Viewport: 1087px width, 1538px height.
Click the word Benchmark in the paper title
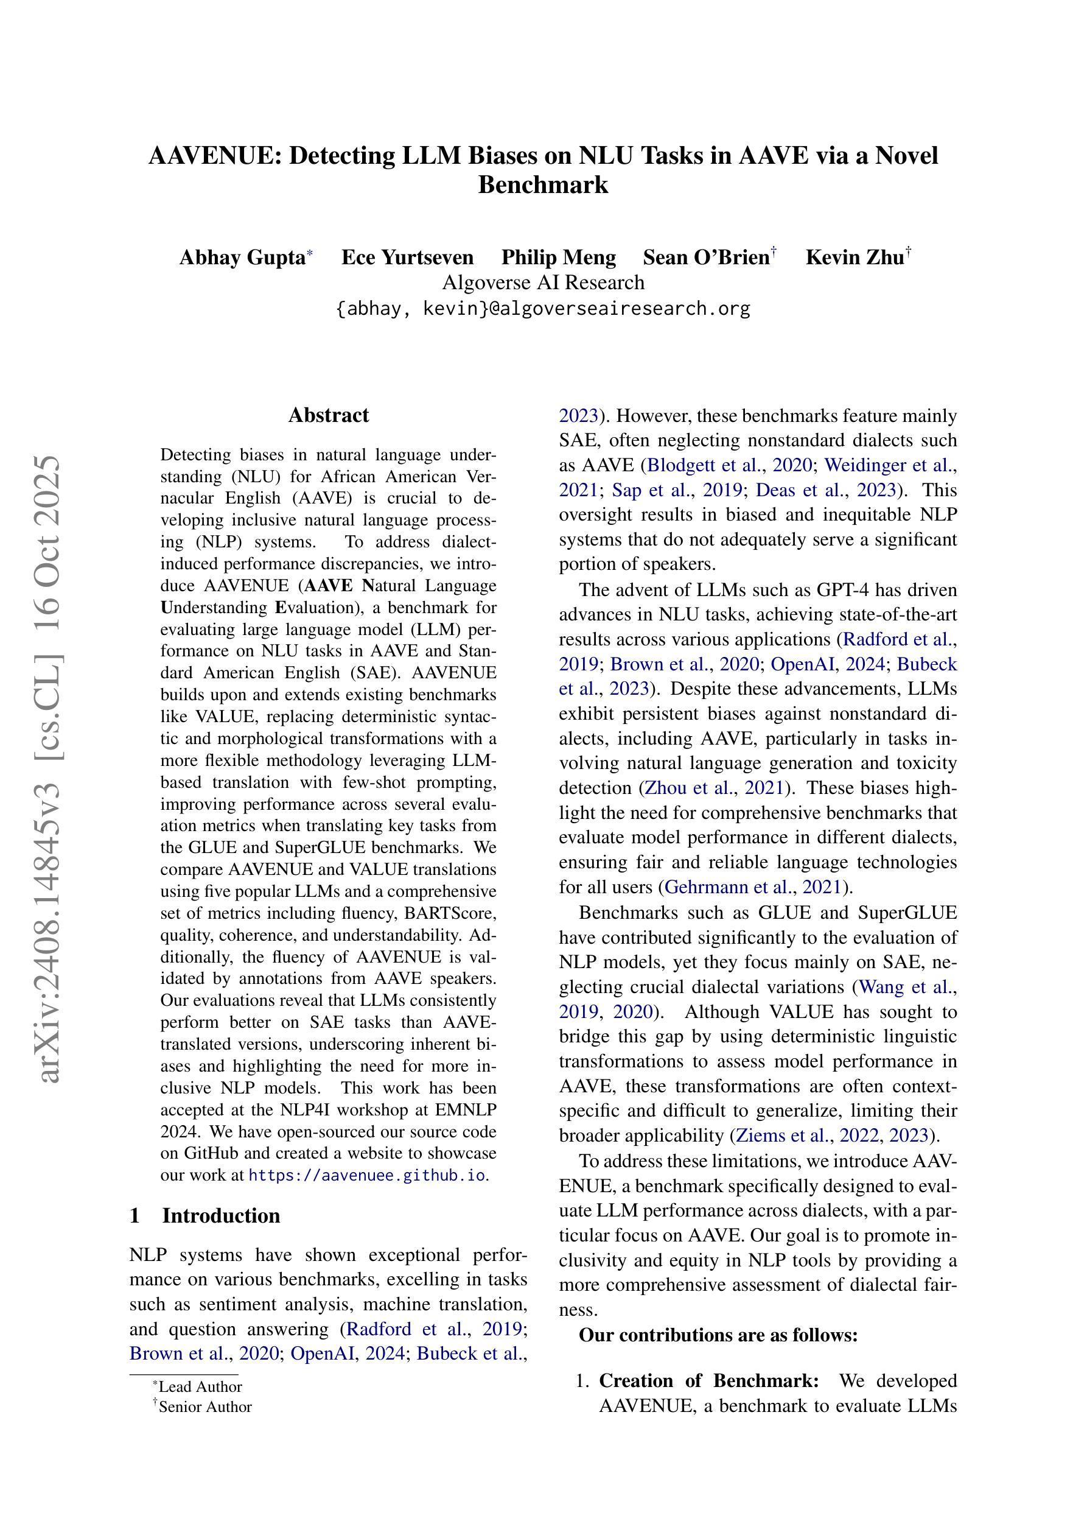542,185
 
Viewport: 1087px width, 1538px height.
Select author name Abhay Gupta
242,257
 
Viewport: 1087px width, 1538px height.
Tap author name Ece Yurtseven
407,257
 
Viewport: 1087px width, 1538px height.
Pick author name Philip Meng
559,257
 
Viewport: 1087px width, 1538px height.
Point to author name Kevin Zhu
854,257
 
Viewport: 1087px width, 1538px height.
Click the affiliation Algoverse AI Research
542,283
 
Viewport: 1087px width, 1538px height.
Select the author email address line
542,309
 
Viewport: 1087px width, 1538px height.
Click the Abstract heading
328,415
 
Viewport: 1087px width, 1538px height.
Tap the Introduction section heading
220,1216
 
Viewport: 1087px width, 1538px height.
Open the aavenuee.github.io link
366,1175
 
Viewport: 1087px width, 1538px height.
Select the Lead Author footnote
200,1386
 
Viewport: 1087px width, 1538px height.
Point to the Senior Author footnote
204,1406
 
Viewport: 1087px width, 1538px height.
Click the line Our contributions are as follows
718,1336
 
